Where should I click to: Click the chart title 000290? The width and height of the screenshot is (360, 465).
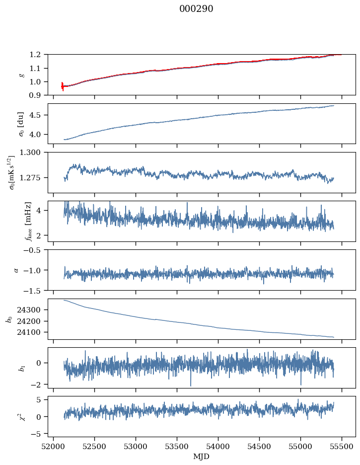pyautogui.click(x=196, y=9)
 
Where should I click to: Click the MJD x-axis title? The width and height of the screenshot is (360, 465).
pyautogui.click(x=202, y=456)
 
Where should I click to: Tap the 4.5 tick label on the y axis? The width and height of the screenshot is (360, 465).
pyautogui.click(x=38, y=115)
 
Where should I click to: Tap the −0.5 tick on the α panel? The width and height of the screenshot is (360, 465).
pyautogui.click(x=35, y=250)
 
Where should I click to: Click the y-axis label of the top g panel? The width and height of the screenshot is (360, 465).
pyautogui.click(x=21, y=75)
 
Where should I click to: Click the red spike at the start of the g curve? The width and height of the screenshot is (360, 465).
pyautogui.click(x=63, y=86)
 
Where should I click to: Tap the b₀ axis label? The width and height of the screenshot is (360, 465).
pyautogui.click(x=9, y=319)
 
